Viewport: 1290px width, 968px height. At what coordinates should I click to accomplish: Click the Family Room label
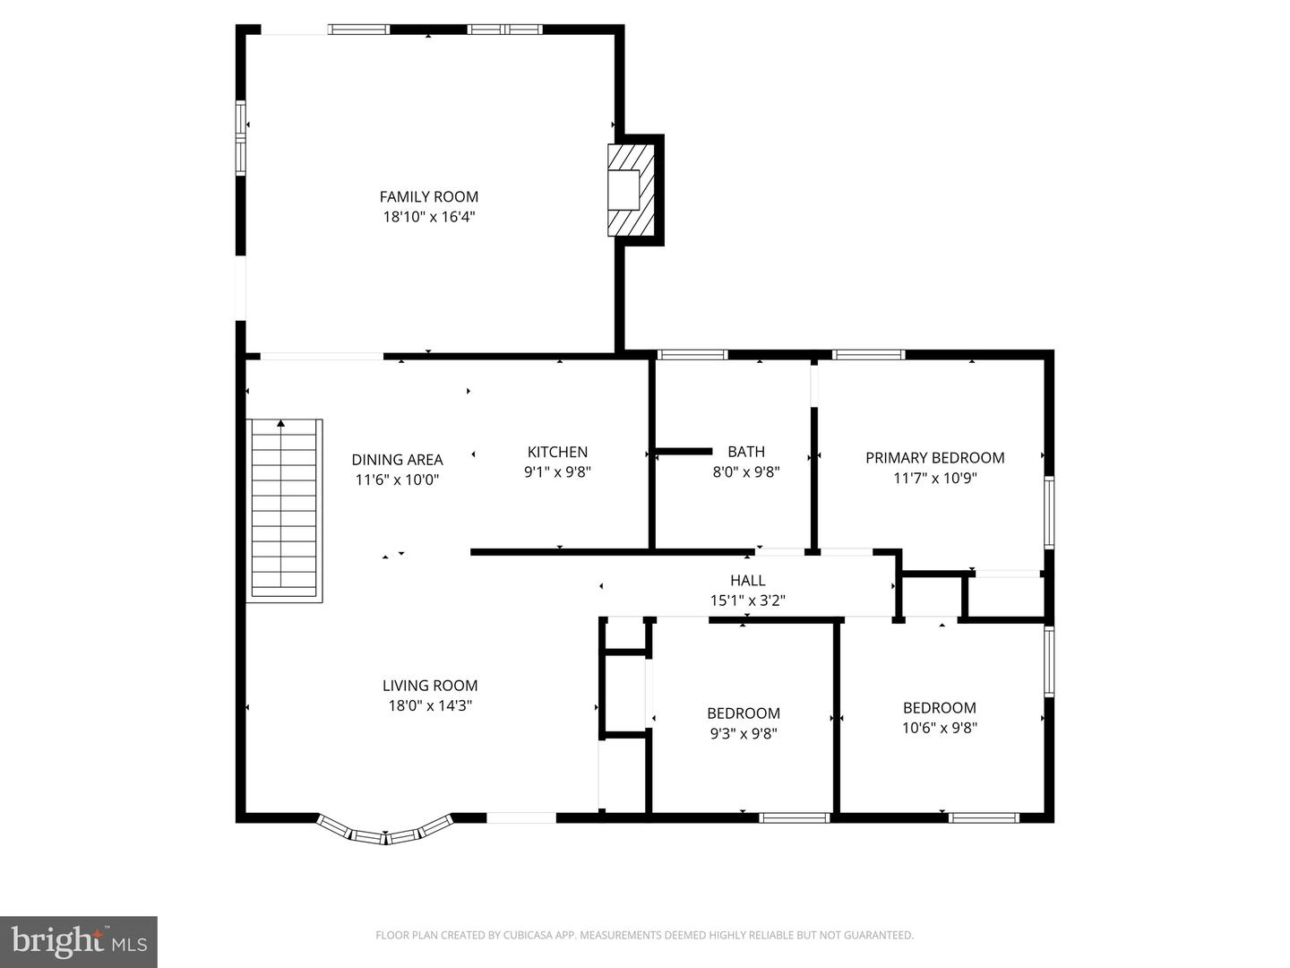click(429, 196)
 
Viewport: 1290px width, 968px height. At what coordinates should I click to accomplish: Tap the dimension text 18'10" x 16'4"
click(429, 216)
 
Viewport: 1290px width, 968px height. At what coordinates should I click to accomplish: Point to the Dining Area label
click(397, 460)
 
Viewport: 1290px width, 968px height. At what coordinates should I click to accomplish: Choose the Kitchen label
click(557, 452)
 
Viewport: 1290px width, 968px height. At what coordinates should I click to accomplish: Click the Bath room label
click(746, 452)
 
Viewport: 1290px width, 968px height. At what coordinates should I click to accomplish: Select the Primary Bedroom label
click(934, 458)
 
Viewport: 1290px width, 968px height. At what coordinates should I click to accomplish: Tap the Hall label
click(747, 581)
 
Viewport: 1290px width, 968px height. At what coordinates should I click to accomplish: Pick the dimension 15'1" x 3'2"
click(747, 601)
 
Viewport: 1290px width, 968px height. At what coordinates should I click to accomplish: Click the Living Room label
click(430, 686)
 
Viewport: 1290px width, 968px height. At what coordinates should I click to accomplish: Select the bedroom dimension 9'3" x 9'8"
click(744, 733)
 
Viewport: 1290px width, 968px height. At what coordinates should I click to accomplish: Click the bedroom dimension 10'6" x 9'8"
click(939, 728)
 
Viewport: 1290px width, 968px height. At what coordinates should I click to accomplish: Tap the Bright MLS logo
click(79, 941)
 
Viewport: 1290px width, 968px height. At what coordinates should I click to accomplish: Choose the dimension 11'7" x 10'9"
click(934, 478)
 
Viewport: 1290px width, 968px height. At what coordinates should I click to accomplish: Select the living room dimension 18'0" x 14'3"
click(430, 705)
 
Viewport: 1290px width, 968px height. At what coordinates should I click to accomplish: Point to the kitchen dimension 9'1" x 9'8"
click(557, 471)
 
